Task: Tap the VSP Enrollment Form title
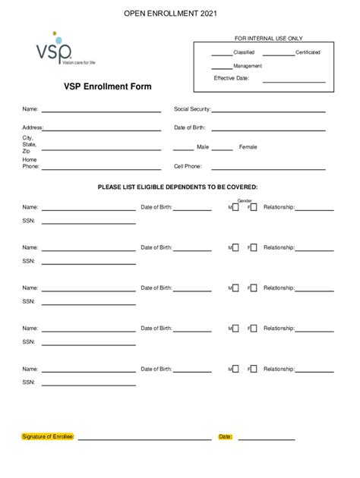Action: coord(107,86)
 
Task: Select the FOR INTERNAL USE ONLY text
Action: coord(258,38)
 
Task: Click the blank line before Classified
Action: coord(221,55)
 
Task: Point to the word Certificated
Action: coord(308,52)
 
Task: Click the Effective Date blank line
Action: coord(294,81)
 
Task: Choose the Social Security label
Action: coord(192,109)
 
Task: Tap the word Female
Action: coord(248,146)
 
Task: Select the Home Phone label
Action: coord(30,163)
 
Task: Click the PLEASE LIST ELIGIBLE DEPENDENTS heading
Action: coord(177,187)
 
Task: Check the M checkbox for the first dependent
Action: coord(235,206)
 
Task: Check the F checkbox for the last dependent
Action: coord(254,370)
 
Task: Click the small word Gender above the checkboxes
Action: coord(245,200)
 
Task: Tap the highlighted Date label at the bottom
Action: coord(225,437)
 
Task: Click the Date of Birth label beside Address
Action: coord(190,127)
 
